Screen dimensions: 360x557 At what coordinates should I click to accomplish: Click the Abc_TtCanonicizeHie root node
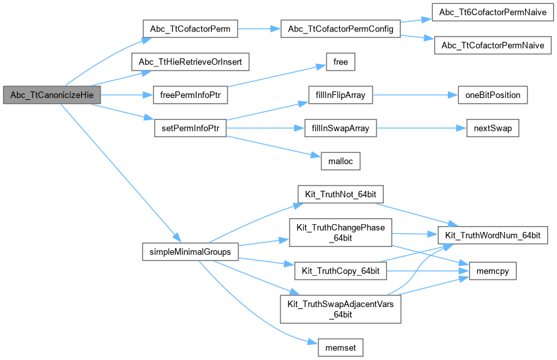click(52, 95)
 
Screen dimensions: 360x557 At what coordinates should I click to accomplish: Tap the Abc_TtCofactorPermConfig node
click(339, 29)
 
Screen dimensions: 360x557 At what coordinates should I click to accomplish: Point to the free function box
click(340, 63)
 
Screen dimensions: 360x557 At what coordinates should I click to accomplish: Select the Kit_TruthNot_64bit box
click(340, 194)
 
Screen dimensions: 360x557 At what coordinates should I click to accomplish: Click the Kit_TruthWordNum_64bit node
click(492, 234)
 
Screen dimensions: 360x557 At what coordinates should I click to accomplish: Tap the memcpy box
click(492, 268)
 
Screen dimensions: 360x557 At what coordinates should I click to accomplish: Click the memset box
click(340, 346)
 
